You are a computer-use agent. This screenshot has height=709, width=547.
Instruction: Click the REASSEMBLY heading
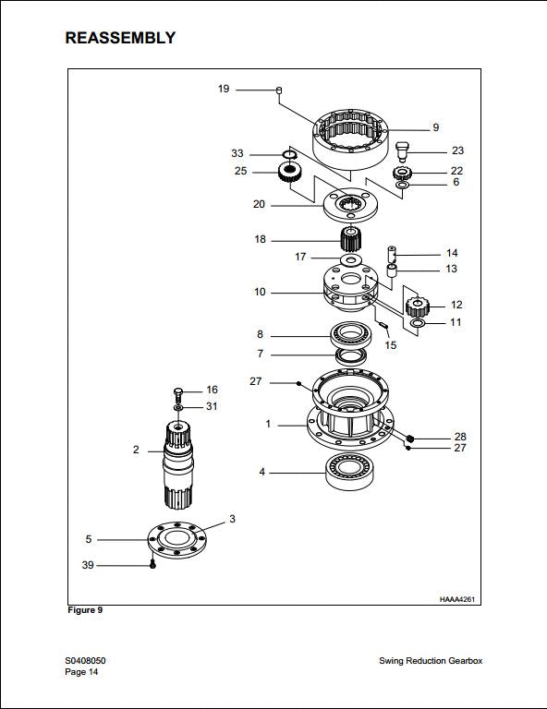120,38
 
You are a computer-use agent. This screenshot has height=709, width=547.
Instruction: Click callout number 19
224,89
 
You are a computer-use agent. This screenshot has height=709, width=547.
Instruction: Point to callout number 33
237,153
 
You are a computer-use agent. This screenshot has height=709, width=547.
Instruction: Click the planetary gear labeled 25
293,171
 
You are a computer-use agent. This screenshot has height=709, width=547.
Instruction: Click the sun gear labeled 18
350,240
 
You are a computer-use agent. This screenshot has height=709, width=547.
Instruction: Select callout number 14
452,253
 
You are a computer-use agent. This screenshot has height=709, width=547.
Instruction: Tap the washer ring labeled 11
417,324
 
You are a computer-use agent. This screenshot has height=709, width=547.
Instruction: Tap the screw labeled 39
153,565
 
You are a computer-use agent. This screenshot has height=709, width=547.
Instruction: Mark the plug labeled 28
411,437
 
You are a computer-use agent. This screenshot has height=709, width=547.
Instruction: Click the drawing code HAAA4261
457,599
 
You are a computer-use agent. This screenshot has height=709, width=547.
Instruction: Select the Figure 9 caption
85,611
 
